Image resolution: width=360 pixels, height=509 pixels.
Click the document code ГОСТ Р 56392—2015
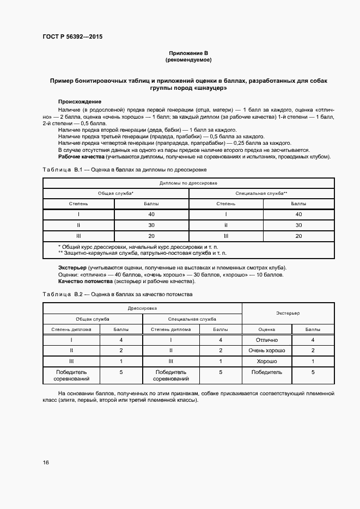(x=72, y=37)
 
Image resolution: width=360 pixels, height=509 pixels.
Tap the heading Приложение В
(x=188, y=53)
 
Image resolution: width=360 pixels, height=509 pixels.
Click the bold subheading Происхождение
(x=80, y=102)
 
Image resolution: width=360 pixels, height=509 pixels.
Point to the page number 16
(x=46, y=463)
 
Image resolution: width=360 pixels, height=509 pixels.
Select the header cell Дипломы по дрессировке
(x=188, y=183)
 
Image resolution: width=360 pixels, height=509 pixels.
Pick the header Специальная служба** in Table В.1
(x=261, y=193)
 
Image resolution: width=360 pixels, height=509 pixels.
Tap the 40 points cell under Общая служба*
(x=151, y=214)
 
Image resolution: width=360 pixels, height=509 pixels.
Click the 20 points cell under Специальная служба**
(x=298, y=236)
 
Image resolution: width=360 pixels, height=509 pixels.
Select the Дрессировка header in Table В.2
(x=142, y=308)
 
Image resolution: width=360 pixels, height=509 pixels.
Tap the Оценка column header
(x=266, y=329)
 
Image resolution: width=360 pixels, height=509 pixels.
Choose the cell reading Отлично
(x=266, y=340)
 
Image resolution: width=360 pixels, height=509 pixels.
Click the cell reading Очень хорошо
(x=266, y=351)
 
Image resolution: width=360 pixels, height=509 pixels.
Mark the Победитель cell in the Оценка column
(x=266, y=372)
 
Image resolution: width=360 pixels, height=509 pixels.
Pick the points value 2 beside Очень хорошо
(x=313, y=351)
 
